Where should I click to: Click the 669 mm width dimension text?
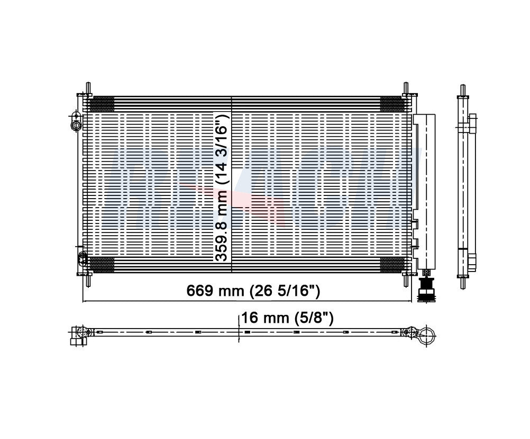[x=253, y=291]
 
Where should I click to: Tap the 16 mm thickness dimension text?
[x=287, y=317]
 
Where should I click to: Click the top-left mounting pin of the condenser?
[x=88, y=89]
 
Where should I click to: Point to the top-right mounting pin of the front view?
[x=406, y=89]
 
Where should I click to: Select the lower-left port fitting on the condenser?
[x=82, y=258]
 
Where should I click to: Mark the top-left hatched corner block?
[x=102, y=105]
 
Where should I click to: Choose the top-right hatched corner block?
[x=392, y=105]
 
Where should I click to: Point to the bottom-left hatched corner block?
[x=102, y=265]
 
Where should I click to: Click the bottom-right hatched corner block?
[x=392, y=265]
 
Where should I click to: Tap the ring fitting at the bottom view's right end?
[x=426, y=334]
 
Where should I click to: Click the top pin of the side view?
[x=463, y=89]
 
